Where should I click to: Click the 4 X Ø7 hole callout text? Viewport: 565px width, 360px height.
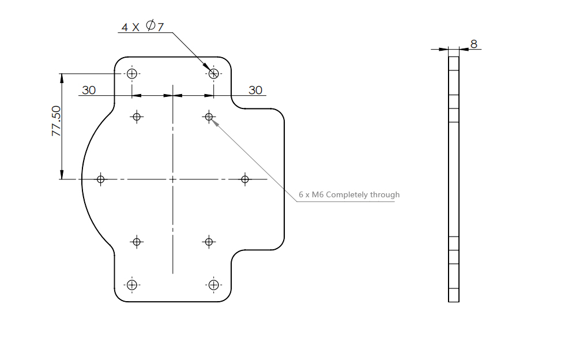click(x=143, y=27)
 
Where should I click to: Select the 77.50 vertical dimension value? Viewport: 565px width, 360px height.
click(x=56, y=121)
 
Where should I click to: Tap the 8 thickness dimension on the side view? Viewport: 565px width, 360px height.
click(x=474, y=44)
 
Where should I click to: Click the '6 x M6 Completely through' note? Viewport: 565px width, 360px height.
click(x=349, y=195)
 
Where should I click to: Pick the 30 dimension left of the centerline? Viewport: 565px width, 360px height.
click(x=89, y=90)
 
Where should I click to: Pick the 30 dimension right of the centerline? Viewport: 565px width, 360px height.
click(x=255, y=90)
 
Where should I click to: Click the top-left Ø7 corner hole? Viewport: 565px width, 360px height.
click(x=132, y=74)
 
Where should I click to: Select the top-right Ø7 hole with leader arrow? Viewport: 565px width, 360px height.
click(x=214, y=74)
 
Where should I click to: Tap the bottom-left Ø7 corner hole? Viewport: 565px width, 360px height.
click(x=132, y=285)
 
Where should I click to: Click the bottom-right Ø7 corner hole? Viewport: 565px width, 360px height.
click(x=214, y=285)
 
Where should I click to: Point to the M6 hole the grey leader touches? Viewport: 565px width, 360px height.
click(x=209, y=117)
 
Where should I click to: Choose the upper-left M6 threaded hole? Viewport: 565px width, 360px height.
click(x=137, y=117)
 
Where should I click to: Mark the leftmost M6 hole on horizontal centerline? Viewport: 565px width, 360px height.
click(x=100, y=179)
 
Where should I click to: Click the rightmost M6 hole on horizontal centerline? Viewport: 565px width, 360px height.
click(x=245, y=179)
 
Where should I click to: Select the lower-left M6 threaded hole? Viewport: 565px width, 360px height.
click(x=137, y=242)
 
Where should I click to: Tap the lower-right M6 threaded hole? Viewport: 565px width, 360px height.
click(x=209, y=242)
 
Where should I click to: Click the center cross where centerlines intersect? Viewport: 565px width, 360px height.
click(x=173, y=179)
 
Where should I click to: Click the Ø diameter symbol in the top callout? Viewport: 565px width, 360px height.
click(x=150, y=25)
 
